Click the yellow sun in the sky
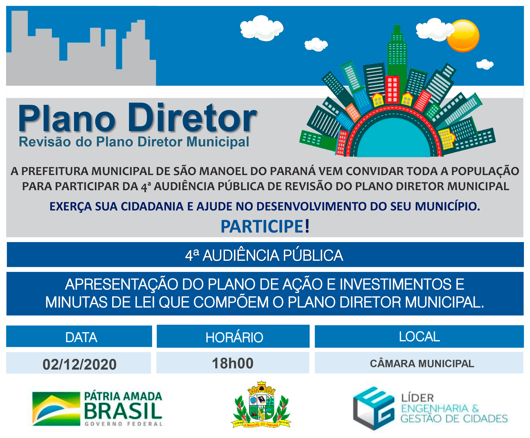[x=463, y=36]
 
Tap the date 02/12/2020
[x=80, y=364]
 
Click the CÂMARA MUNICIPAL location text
[x=422, y=364]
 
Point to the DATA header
[x=81, y=337]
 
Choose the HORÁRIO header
[x=234, y=337]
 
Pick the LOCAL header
[x=419, y=336]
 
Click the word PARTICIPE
[x=262, y=226]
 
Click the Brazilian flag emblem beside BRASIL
[x=56, y=409]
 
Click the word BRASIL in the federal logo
[x=123, y=411]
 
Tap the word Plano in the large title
[x=67, y=118]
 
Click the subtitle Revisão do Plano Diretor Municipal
[x=134, y=142]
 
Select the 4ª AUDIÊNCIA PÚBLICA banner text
[x=264, y=255]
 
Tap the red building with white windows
[x=392, y=89]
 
